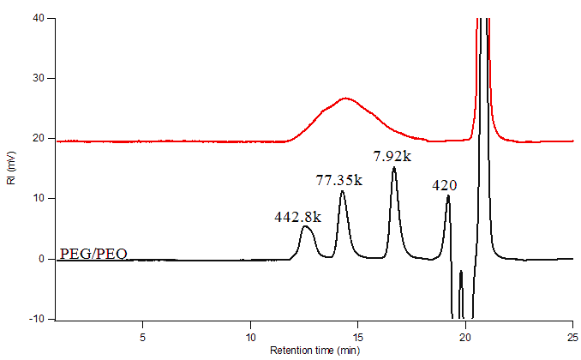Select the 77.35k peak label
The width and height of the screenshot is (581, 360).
[339, 180]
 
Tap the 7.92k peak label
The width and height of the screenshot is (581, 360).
[393, 157]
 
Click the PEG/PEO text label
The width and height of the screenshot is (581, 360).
[94, 254]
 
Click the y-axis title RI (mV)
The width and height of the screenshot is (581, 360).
[11, 170]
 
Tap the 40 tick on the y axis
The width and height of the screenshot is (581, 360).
[39, 18]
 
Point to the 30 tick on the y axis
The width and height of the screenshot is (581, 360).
[39, 78]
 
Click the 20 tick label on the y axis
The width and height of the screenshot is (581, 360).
[39, 138]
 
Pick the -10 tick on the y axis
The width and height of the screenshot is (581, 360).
[38, 319]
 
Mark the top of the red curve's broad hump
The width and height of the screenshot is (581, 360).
[346, 99]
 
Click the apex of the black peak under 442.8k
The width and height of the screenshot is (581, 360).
[306, 227]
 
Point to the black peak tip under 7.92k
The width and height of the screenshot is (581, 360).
[394, 168]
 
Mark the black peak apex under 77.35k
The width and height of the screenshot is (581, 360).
[342, 191]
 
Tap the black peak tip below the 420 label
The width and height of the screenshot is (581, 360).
[447, 196]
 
